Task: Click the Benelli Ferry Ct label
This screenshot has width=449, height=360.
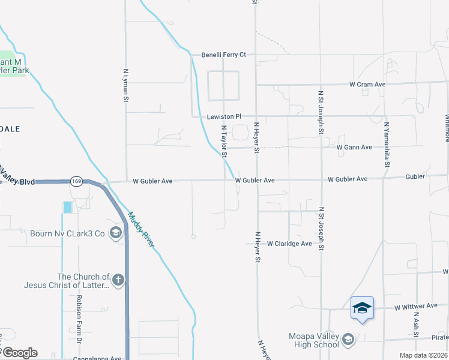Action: [x=224, y=55]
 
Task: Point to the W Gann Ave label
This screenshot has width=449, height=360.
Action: [x=354, y=147]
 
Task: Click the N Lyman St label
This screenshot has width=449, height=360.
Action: [x=126, y=83]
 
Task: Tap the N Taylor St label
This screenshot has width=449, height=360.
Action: [x=224, y=142]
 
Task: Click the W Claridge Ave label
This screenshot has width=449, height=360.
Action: [x=289, y=244]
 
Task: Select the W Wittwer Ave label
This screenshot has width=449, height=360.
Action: [x=415, y=306]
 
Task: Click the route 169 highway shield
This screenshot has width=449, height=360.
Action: [x=76, y=181]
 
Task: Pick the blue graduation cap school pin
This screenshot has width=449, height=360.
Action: [x=362, y=308]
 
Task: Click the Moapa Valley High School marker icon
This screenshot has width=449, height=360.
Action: [x=348, y=341]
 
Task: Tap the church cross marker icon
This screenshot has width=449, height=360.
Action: [x=119, y=280]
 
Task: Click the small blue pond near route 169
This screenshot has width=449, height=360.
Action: [x=67, y=207]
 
